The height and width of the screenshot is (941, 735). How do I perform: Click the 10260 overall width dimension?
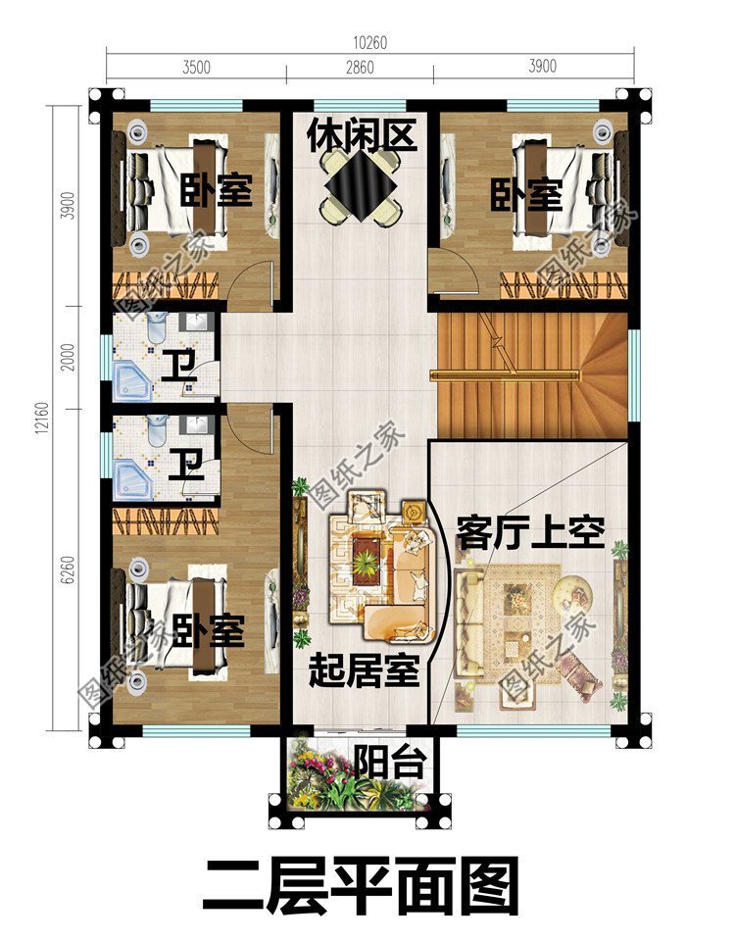coord(368,42)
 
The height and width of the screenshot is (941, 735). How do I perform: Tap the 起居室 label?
coord(364,671)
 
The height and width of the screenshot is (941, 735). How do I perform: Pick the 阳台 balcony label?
coord(387,762)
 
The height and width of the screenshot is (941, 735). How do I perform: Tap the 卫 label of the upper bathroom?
coord(178,367)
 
